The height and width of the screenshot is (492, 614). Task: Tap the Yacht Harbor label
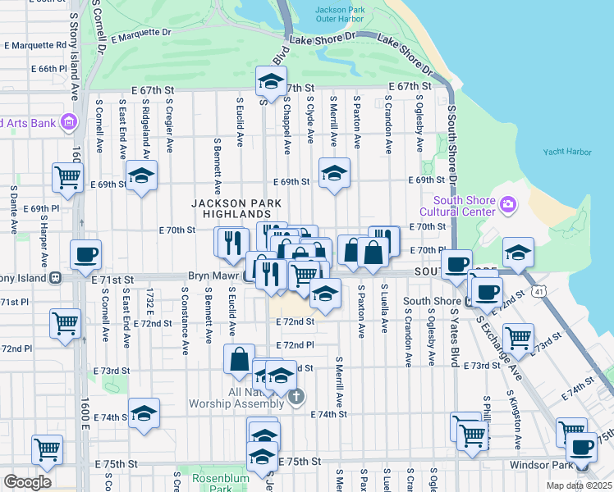coord(567,152)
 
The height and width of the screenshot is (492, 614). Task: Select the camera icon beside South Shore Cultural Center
coord(508,203)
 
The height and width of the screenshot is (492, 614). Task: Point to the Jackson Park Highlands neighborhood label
coord(236,208)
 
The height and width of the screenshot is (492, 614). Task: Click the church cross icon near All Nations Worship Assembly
coord(297,398)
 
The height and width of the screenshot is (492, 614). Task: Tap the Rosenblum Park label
coord(213,482)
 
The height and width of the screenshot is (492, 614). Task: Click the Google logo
coord(28,482)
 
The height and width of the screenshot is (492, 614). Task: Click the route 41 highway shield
coord(538,291)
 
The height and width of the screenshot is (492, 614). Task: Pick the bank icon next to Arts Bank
coord(68,123)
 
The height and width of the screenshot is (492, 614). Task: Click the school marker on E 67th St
coord(270,82)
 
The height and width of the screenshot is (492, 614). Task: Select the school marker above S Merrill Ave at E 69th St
coord(332,174)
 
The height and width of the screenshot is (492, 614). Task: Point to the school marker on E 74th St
coord(144,413)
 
